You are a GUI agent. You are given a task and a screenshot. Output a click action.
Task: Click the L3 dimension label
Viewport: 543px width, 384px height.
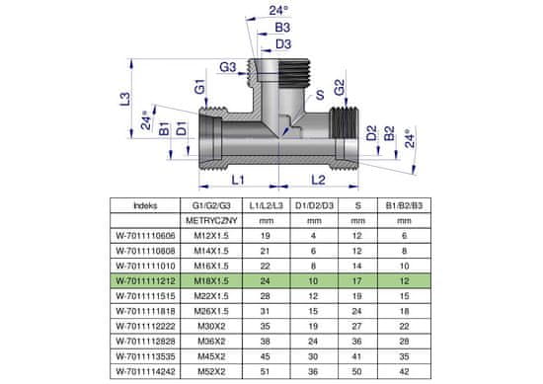point(125,99)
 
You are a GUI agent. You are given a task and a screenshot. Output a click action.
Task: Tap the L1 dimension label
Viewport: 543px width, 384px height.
point(238,180)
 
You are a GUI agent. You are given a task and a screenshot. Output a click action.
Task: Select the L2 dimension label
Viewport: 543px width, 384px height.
point(318,180)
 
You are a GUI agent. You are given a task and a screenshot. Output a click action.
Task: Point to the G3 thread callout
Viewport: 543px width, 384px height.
point(227,67)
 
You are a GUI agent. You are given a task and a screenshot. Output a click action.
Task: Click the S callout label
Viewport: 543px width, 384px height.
point(320,95)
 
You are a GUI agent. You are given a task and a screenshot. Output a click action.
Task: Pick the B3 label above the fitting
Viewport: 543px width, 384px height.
point(282,28)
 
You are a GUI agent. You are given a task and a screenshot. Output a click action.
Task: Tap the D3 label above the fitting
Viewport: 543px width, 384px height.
point(283,44)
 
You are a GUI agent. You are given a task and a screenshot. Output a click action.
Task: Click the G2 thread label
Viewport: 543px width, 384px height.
point(340,88)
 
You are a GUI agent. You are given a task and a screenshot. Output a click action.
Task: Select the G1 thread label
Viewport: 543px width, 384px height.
point(199,87)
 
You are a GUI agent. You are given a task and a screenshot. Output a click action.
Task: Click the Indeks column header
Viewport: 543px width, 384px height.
point(145,205)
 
